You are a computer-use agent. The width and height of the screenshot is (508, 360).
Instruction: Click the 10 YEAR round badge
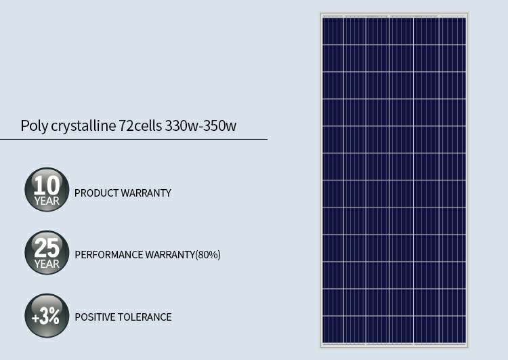point(47,189)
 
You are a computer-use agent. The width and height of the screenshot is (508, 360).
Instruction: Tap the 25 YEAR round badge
point(47,253)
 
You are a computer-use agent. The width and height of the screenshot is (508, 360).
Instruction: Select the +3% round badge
point(47,315)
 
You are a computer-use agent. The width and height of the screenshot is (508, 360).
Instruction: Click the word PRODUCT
point(96,193)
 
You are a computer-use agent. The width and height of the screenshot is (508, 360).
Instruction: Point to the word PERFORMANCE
point(109,255)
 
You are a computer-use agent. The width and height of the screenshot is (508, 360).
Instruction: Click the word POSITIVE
point(95,317)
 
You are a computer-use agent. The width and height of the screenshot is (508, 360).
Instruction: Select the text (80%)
point(208,255)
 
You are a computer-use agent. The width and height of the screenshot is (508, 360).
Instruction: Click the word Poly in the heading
point(35,126)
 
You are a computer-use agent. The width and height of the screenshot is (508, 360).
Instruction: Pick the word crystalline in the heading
point(83,126)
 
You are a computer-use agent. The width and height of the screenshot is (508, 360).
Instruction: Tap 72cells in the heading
point(140,125)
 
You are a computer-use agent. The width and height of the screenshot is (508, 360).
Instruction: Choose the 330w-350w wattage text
point(200,125)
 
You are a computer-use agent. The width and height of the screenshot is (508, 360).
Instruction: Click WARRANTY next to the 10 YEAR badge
point(146,193)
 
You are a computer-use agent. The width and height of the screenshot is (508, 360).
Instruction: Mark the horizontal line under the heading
point(134,140)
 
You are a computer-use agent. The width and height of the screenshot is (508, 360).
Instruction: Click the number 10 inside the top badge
point(47,186)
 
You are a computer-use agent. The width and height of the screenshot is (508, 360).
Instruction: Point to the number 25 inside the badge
point(47,248)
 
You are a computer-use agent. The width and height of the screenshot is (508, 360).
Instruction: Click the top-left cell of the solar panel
point(333,31)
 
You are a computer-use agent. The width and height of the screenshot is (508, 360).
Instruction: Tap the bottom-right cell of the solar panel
point(453,329)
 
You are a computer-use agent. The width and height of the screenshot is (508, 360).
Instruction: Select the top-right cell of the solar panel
point(453,31)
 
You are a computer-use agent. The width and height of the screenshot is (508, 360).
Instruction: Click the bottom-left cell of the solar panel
point(333,329)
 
